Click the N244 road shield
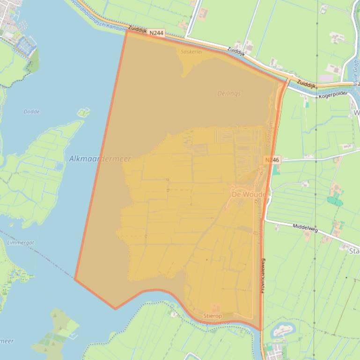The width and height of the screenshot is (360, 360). (x=157, y=32)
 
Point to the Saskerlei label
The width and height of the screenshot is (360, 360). (x=191, y=52)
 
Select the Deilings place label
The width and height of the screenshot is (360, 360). (x=229, y=94)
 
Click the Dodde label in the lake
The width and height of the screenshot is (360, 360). (x=31, y=112)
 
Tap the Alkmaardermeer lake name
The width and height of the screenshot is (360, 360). (x=100, y=159)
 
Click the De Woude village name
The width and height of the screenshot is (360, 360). (x=249, y=194)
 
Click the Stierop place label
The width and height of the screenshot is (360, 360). (x=212, y=316)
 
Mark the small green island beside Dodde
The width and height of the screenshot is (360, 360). (x=83, y=112)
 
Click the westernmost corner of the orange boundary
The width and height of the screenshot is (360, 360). (x=75, y=279)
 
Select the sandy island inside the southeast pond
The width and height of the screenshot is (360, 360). (x=282, y=331)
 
